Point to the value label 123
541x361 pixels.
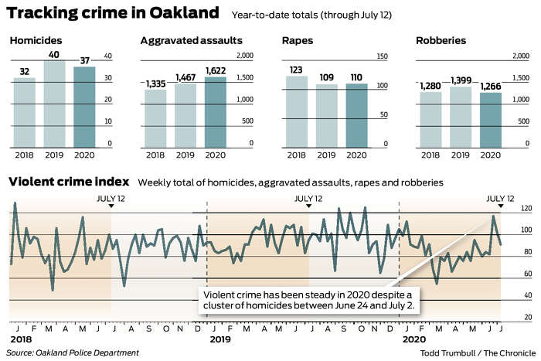point(297,69)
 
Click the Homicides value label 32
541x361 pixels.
point(24,71)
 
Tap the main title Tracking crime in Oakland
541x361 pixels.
point(111,12)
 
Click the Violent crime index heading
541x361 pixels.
point(69,182)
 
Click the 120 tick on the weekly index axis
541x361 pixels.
point(527,209)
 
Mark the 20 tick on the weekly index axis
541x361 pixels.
point(527,317)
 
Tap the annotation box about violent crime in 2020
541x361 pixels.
point(308,300)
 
